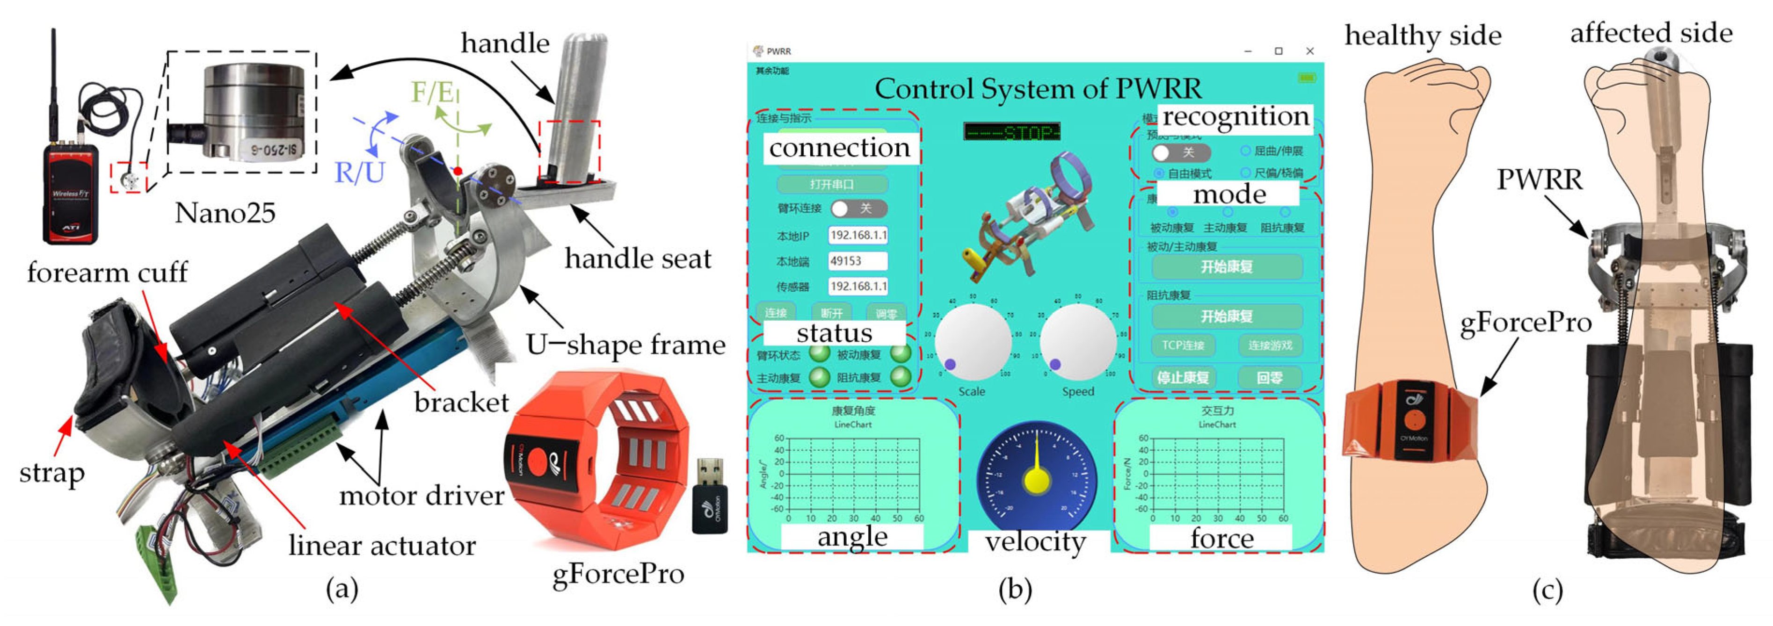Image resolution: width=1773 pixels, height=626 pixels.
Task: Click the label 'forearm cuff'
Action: click(x=107, y=273)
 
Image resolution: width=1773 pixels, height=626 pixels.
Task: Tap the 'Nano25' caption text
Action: click(x=225, y=213)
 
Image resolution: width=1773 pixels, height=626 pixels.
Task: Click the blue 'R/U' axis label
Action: click(x=359, y=172)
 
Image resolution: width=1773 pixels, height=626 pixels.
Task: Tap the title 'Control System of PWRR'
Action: click(x=1038, y=89)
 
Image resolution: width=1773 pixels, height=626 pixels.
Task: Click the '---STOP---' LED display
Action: click(x=1012, y=131)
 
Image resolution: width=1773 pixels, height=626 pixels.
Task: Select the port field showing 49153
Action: click(x=857, y=261)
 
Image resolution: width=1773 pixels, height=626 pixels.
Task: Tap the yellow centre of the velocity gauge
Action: click(x=1037, y=480)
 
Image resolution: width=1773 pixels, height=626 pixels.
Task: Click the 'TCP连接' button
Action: click(x=1183, y=345)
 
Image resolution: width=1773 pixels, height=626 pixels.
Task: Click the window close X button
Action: click(x=1310, y=51)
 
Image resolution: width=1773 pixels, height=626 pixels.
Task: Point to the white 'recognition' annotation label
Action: click(x=1235, y=116)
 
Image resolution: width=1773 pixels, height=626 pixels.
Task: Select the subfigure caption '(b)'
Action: click(x=1015, y=590)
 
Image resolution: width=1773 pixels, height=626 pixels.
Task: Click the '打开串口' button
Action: click(x=832, y=184)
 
